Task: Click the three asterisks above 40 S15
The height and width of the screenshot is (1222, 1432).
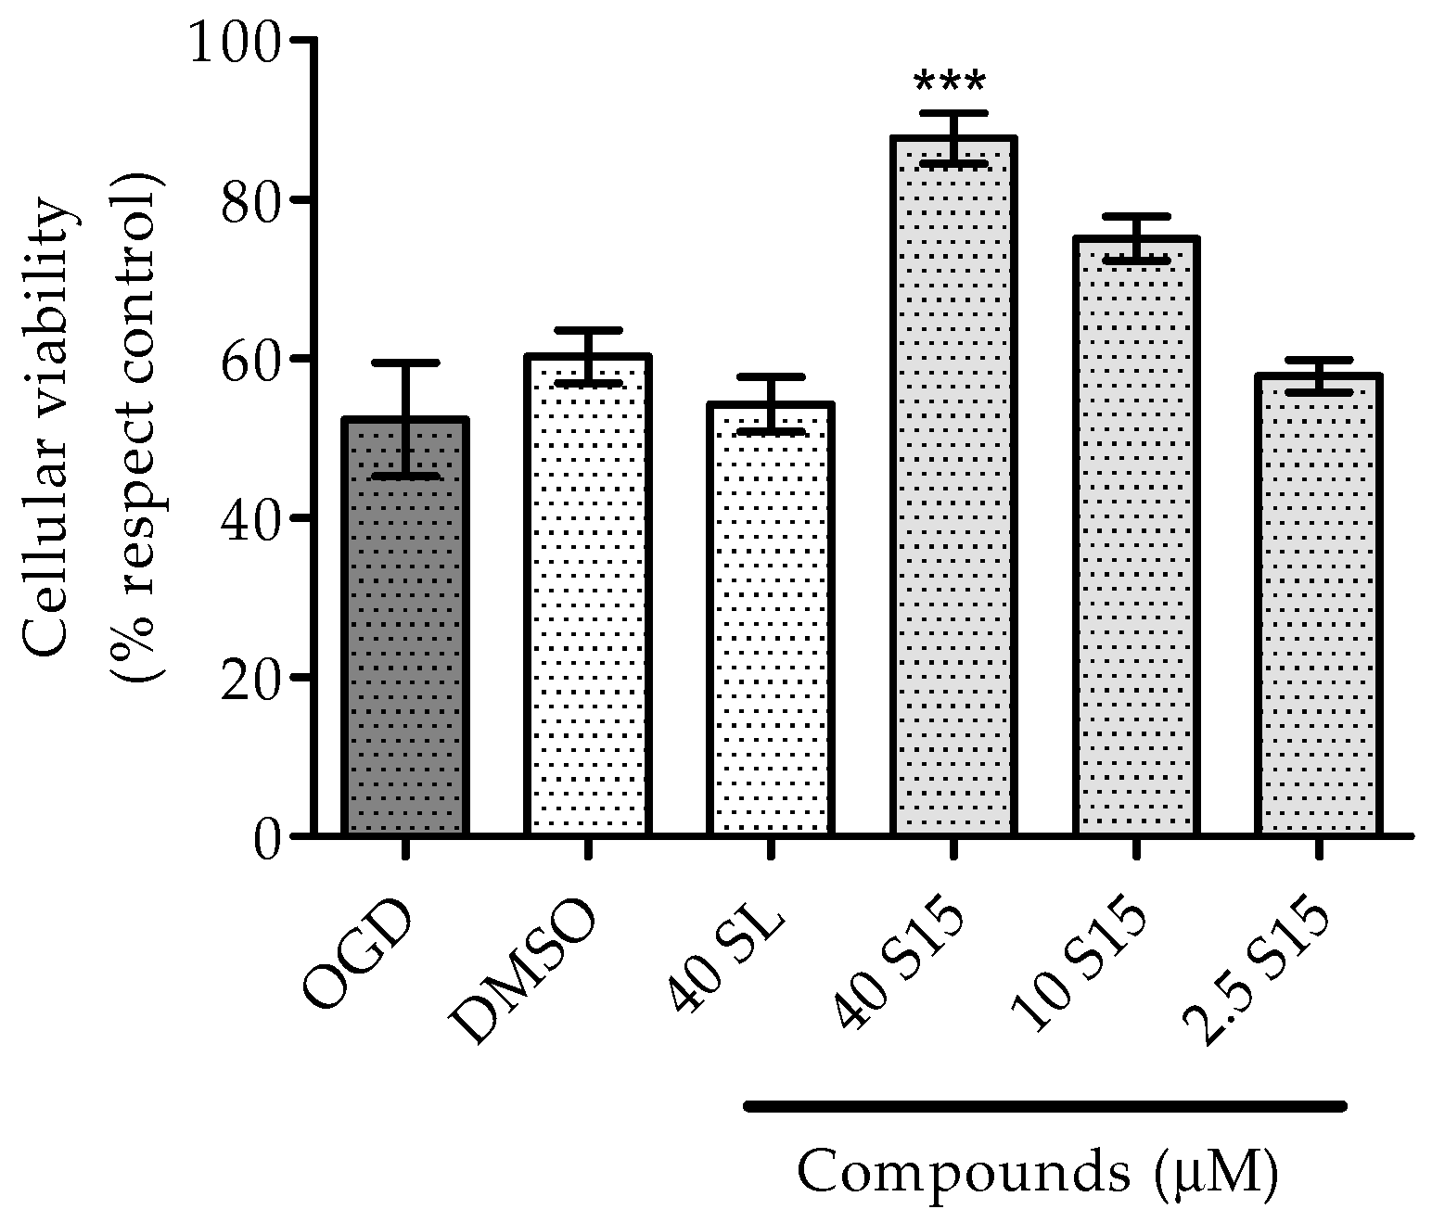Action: click(x=949, y=83)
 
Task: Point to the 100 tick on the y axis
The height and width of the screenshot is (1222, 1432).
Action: click(x=236, y=43)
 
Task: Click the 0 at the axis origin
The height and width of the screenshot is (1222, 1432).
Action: click(x=267, y=836)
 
